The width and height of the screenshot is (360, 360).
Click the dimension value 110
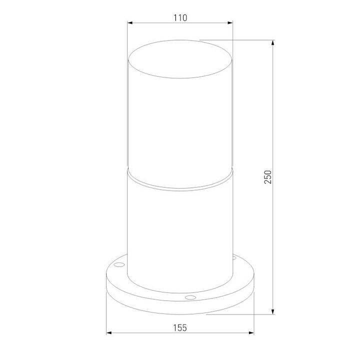(x=180, y=17)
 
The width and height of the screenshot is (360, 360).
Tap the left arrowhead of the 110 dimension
(x=130, y=23)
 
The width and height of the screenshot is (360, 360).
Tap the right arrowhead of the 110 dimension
(x=230, y=23)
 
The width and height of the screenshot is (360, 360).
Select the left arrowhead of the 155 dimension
(x=110, y=333)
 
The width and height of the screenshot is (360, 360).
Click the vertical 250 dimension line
(x=273, y=125)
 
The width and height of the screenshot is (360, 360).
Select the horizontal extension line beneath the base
(x=240, y=314)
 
